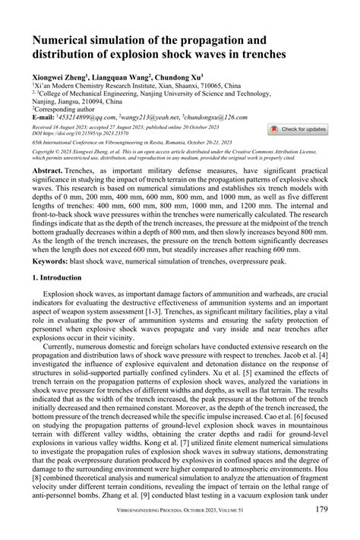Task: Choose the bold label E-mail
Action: [45, 118]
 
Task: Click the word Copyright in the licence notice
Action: [47, 152]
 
